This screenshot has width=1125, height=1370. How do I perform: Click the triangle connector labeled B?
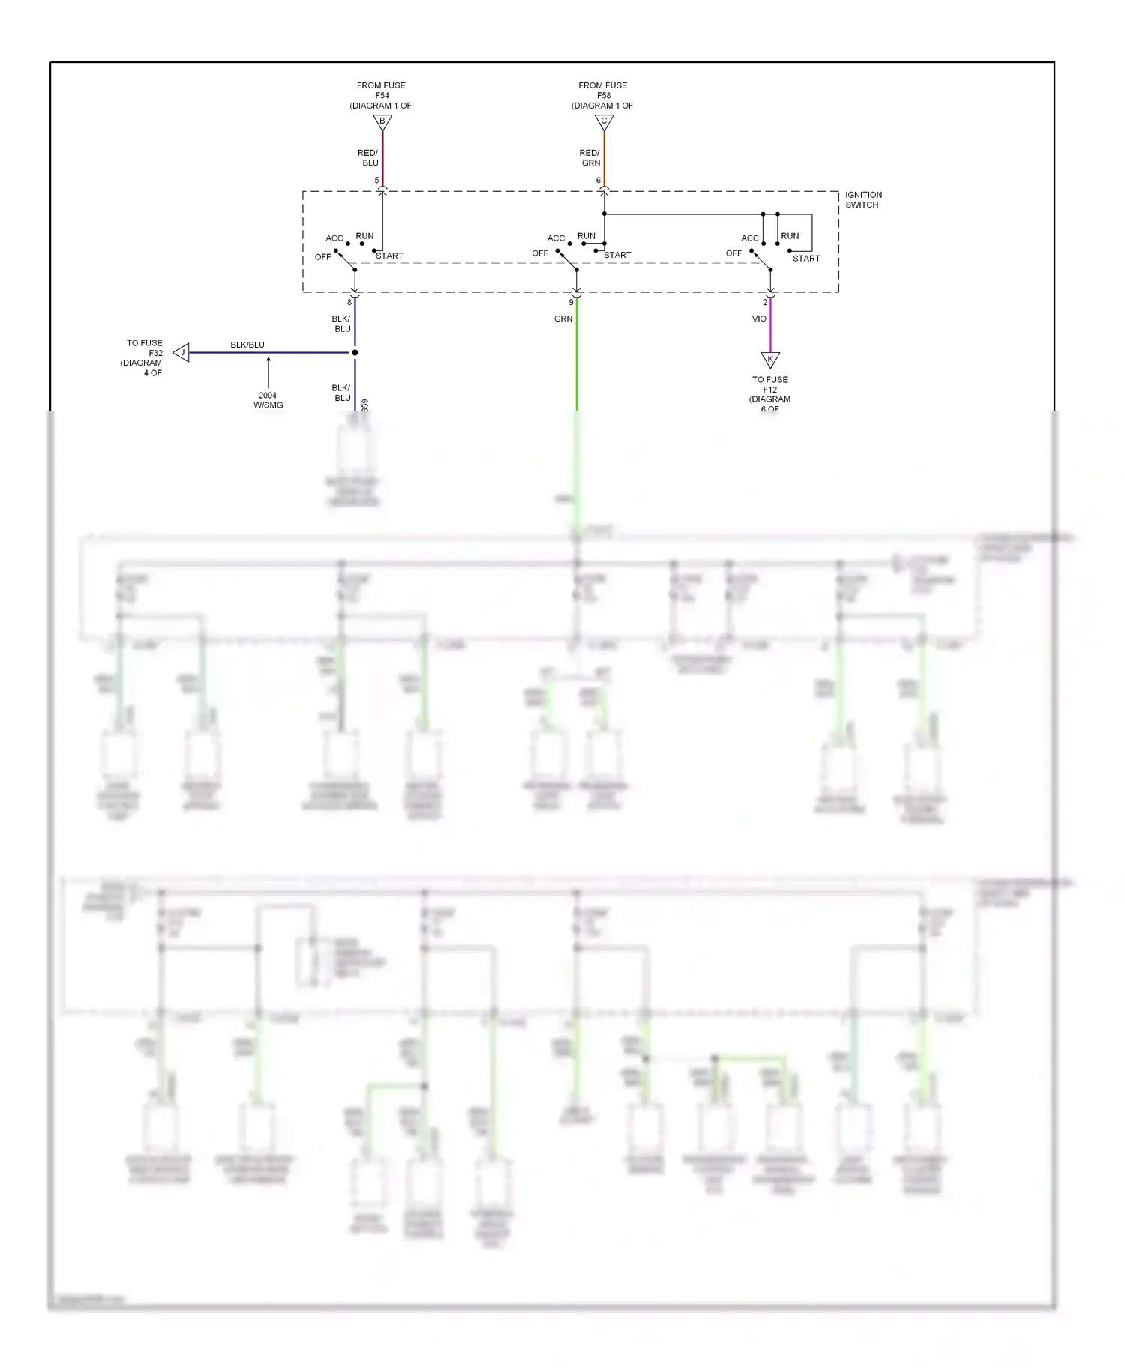tap(382, 121)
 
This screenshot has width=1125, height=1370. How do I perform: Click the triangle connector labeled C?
tap(604, 121)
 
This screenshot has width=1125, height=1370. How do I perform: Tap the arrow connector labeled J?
tap(181, 352)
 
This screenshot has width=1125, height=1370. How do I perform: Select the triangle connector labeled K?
tap(770, 359)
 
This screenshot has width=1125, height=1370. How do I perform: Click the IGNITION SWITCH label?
tap(863, 199)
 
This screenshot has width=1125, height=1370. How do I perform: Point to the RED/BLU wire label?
tap(368, 157)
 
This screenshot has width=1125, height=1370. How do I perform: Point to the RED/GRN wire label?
tap(590, 157)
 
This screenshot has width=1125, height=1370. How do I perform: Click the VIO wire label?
tap(759, 319)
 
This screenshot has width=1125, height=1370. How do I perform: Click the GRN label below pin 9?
tap(563, 319)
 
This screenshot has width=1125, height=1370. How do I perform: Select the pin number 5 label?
tap(376, 181)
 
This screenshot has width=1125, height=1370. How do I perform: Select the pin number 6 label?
tap(598, 181)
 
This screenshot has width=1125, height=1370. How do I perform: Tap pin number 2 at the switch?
tap(765, 303)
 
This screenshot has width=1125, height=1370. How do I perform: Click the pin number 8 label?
tap(349, 303)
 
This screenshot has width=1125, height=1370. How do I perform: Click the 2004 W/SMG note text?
tap(268, 400)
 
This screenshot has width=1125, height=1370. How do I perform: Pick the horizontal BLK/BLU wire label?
tap(247, 345)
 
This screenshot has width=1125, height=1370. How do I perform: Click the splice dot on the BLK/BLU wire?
tap(355, 352)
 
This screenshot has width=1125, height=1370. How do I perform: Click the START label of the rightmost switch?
tap(806, 259)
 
